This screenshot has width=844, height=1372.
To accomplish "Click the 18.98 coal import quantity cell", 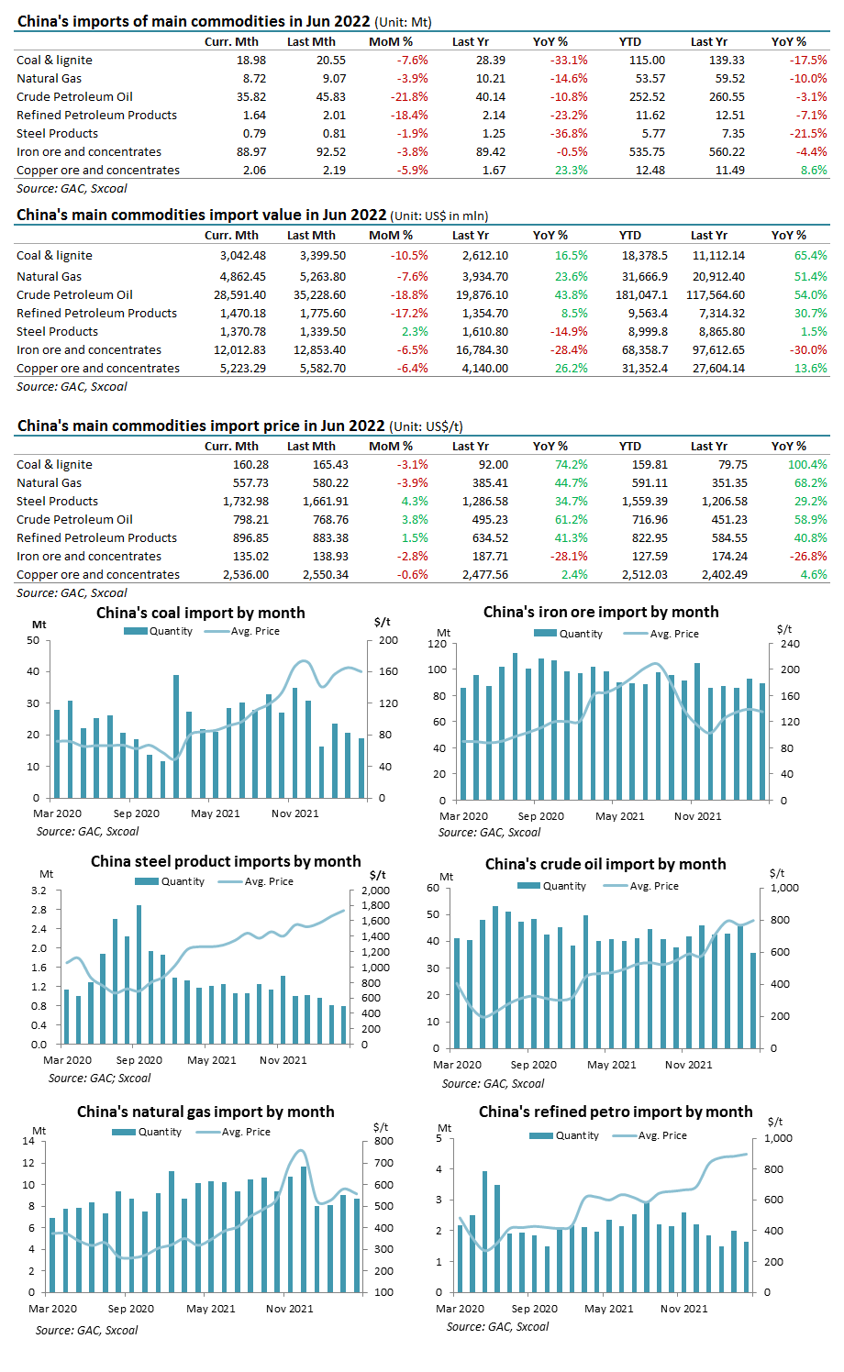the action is [251, 60].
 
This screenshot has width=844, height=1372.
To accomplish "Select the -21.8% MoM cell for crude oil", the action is [409, 97].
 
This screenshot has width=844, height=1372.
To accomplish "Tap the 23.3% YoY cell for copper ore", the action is [571, 171].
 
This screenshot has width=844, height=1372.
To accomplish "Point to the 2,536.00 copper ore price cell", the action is [246, 574].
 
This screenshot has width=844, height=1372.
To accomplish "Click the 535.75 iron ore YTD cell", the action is [647, 152].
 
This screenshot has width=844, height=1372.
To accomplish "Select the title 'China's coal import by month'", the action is [200, 613].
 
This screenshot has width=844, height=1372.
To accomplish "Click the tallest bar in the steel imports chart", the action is [139, 975].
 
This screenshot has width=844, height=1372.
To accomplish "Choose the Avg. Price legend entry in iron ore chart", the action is [661, 634].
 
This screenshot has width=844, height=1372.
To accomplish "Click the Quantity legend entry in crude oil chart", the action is [551, 886].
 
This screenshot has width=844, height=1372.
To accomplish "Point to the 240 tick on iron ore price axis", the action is [790, 644].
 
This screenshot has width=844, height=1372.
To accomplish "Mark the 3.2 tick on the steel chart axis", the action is [39, 890].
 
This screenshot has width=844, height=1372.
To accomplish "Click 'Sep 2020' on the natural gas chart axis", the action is [130, 1309].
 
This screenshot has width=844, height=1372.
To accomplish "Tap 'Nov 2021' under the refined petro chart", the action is [683, 1309].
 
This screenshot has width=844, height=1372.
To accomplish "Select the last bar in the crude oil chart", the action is [753, 1001].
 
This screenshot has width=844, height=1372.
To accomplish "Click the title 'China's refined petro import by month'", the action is [616, 1112].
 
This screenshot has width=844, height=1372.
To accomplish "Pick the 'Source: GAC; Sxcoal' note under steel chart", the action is [99, 1078].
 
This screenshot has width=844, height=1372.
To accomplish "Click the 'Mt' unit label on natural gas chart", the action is [39, 1131].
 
